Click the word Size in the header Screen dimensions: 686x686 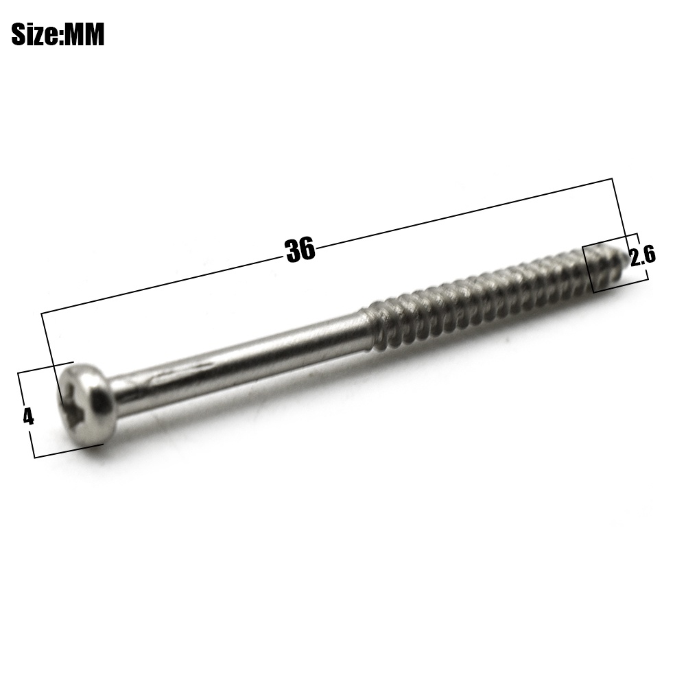34,34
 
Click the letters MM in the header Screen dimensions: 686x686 84,34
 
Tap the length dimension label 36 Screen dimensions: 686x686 300,250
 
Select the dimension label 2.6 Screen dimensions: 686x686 642,255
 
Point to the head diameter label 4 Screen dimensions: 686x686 28,417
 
